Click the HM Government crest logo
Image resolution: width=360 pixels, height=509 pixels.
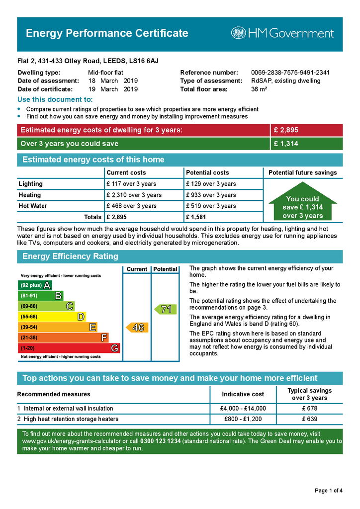coord(238,33)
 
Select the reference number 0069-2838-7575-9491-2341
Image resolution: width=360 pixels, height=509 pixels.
coord(290,73)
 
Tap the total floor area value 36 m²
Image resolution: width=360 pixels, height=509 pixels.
coord(259,89)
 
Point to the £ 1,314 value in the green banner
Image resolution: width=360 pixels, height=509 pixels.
coord(286,144)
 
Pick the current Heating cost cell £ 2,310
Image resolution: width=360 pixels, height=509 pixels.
coord(134,195)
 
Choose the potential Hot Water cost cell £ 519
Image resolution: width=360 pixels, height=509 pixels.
coord(210,206)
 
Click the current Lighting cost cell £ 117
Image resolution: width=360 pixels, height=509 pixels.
coord(131,184)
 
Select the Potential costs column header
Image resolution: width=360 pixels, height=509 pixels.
coord(207,172)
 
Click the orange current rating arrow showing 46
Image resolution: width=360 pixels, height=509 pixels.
coord(136,328)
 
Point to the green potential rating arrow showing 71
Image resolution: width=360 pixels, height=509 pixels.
coord(164,310)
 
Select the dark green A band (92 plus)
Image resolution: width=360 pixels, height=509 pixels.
coord(35,285)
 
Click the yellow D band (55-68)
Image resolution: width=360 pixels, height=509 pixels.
coord(52,317)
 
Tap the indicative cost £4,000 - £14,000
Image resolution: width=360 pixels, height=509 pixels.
coord(243,409)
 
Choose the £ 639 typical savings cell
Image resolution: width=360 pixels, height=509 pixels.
coord(309,419)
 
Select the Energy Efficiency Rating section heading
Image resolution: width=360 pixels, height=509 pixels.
coord(70,256)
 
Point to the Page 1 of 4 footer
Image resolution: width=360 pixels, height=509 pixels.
coord(328,491)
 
